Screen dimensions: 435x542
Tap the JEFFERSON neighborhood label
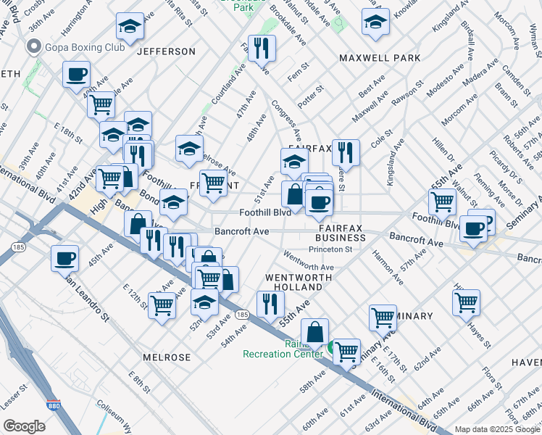(x=166, y=51)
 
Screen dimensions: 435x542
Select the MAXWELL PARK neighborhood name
(x=379, y=57)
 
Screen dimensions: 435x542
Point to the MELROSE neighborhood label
(x=167, y=357)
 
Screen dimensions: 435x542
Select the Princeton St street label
(x=330, y=249)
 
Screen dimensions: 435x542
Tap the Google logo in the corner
(x=24, y=426)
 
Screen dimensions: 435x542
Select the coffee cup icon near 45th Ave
(x=64, y=257)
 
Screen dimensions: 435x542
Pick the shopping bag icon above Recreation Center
(x=314, y=331)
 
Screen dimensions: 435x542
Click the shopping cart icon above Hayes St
(x=466, y=300)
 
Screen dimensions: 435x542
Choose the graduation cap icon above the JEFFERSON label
(x=130, y=28)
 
